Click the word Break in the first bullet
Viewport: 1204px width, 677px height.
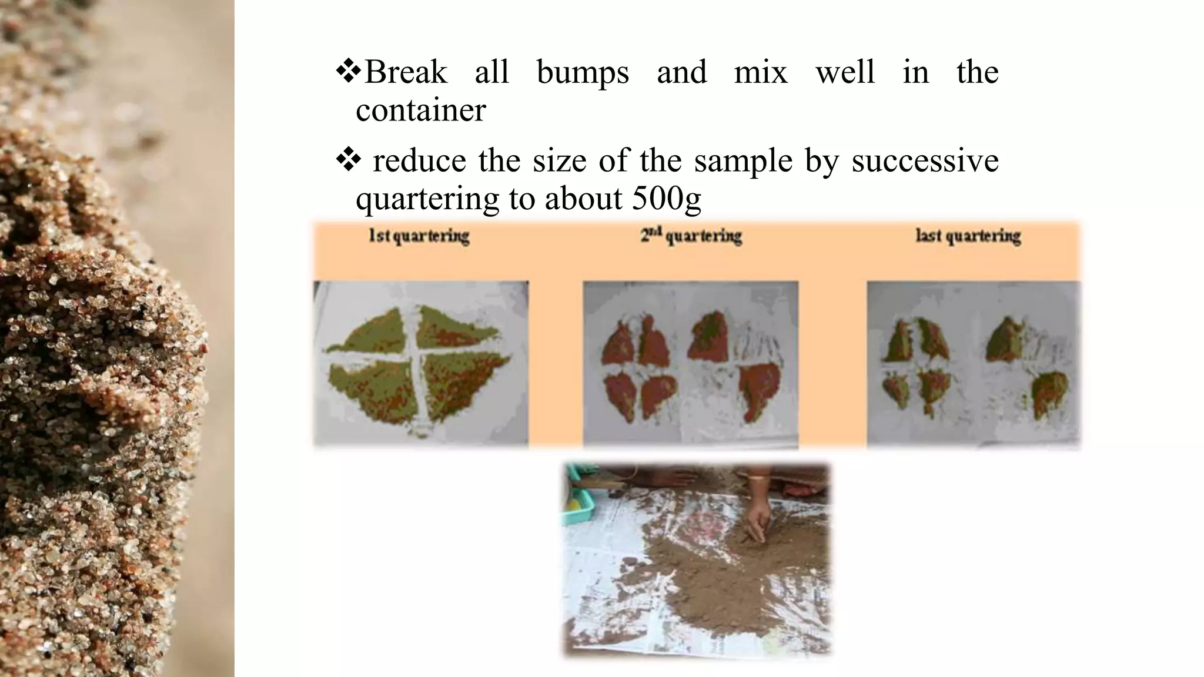click(406, 73)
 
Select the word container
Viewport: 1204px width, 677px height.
click(421, 110)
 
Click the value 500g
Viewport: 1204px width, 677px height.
click(667, 199)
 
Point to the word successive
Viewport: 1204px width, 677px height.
click(925, 161)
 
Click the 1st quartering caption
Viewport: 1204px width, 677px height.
click(419, 236)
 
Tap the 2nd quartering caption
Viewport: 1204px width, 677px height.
click(691, 236)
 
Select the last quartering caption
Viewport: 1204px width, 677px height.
click(968, 236)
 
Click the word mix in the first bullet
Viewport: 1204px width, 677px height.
click(761, 73)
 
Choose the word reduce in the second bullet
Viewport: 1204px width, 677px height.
click(419, 161)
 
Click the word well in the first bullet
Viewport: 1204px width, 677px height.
click(845, 73)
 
